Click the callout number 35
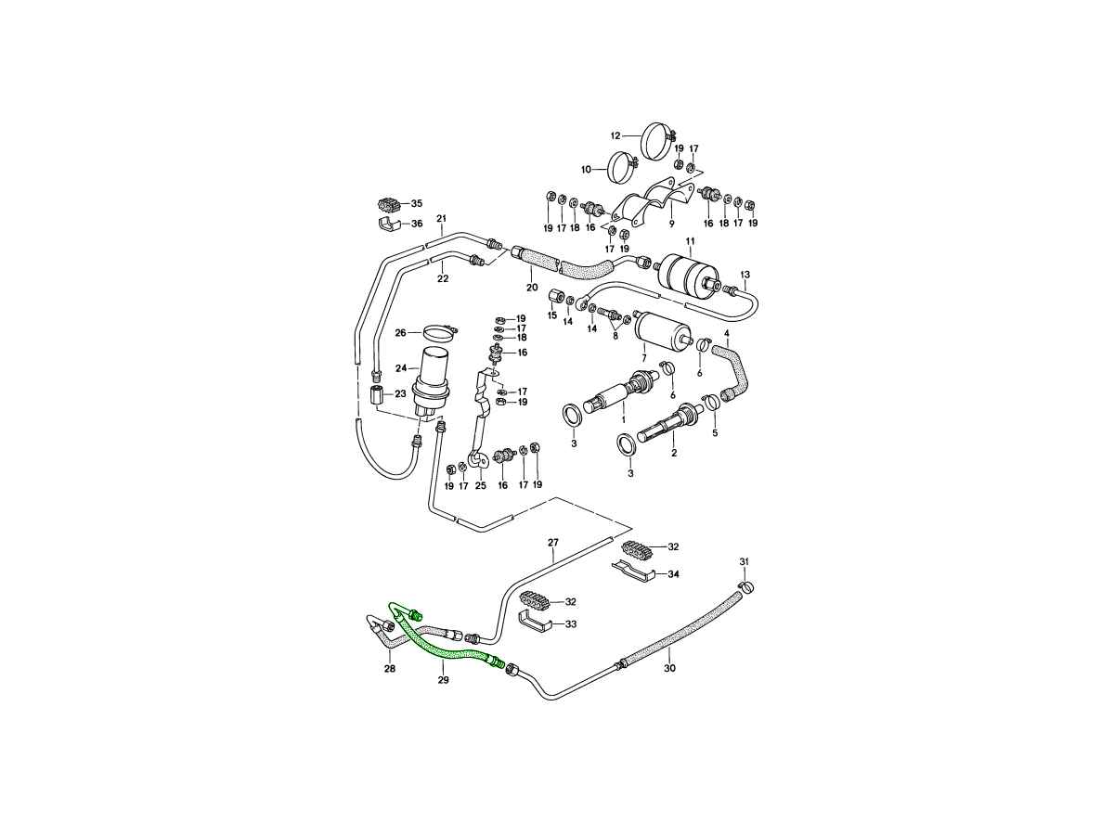click(x=416, y=203)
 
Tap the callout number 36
click(x=416, y=224)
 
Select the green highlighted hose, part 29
click(x=446, y=647)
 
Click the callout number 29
click(x=444, y=681)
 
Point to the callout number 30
click(x=669, y=668)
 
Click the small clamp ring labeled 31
click(x=747, y=586)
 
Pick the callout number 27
click(x=553, y=543)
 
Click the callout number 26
click(x=401, y=332)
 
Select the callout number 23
click(x=400, y=393)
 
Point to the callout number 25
click(x=481, y=485)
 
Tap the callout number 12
click(x=615, y=135)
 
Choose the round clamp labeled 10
click(x=621, y=168)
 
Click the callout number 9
click(x=671, y=224)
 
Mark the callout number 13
click(x=745, y=275)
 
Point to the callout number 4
click(x=727, y=333)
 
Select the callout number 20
click(x=532, y=287)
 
